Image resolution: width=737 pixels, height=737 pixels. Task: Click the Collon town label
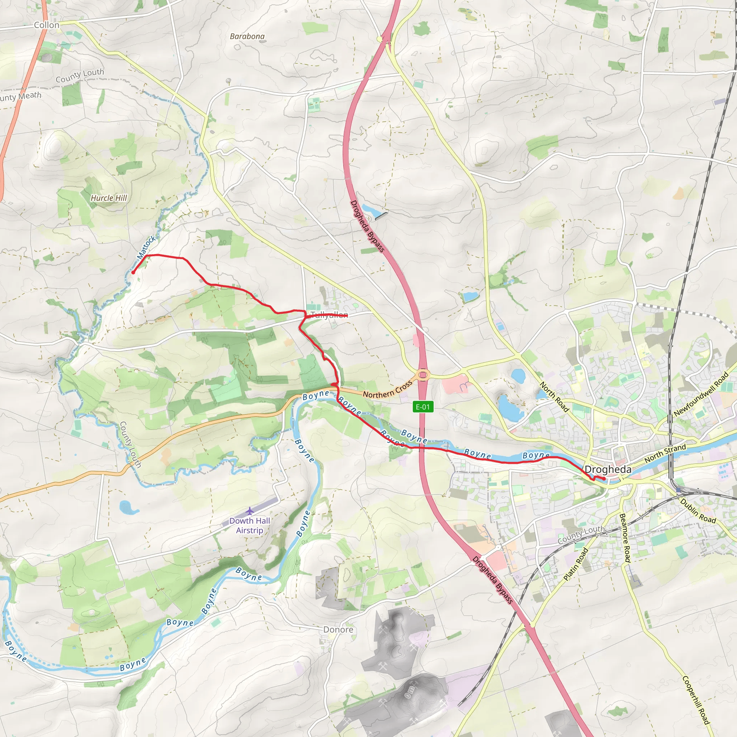46,25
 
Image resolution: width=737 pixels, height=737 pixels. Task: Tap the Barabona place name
247,37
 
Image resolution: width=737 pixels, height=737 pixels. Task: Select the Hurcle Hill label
109,198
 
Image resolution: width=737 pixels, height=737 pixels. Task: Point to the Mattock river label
146,247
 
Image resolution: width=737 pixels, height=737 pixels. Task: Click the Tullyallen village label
329,315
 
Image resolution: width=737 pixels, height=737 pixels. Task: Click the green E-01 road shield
423,407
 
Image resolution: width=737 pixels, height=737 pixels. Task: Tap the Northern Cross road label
388,389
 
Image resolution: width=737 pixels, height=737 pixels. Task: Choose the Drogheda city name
608,470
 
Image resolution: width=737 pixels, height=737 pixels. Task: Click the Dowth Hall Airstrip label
249,525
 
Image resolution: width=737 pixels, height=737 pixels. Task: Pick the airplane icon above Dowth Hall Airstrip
249,511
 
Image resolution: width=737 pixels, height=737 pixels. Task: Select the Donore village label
338,630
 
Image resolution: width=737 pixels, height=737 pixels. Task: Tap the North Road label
554,397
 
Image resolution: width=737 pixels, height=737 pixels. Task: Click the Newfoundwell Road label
701,394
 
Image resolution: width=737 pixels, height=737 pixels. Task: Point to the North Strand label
665,453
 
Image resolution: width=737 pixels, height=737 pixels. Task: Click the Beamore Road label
625,538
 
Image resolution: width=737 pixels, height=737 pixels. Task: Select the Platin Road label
576,564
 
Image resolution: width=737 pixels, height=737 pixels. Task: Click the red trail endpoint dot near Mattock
133,272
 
